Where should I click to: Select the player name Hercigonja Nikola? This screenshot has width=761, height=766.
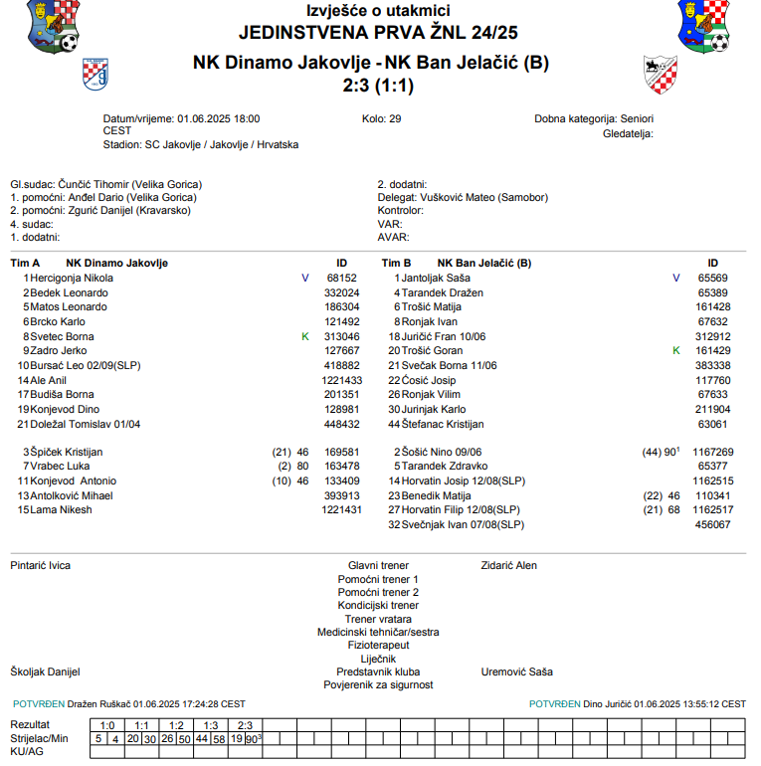pyautogui.click(x=72, y=279)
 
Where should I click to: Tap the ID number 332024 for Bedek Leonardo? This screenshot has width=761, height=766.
pyautogui.click(x=342, y=292)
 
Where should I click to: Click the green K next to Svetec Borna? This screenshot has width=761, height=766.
pyautogui.click(x=305, y=336)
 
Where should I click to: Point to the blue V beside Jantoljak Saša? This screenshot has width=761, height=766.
pyautogui.click(x=676, y=279)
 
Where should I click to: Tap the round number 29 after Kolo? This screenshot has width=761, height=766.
pyautogui.click(x=395, y=118)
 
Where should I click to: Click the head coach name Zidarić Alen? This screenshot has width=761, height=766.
pyautogui.click(x=509, y=565)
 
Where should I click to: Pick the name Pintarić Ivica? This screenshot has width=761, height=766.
pyautogui.click(x=41, y=565)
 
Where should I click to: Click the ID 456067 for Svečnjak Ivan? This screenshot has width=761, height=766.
pyautogui.click(x=712, y=524)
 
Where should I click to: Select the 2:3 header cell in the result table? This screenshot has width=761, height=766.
pyautogui.click(x=246, y=725)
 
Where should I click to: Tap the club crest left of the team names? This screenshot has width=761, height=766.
pyautogui.click(x=95, y=74)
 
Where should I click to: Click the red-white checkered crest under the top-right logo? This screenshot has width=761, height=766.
pyautogui.click(x=661, y=74)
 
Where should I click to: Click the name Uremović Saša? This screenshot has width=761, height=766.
pyautogui.click(x=517, y=671)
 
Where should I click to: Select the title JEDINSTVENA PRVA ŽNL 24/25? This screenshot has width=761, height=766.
pyautogui.click(x=378, y=33)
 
